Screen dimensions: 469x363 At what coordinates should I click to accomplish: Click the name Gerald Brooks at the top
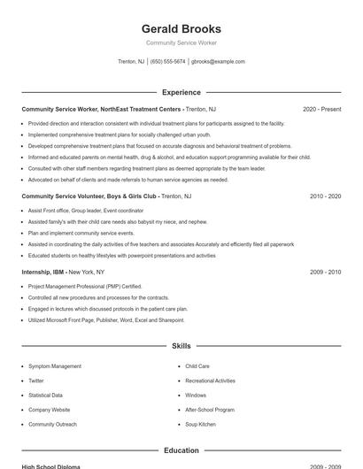tap(181, 28)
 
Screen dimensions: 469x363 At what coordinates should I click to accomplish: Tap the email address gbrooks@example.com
tap(218, 62)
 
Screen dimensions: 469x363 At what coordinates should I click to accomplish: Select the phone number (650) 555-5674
tap(167, 62)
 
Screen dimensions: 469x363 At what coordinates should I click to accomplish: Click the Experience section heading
tap(181, 92)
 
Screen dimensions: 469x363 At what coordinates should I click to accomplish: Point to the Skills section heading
tap(181, 346)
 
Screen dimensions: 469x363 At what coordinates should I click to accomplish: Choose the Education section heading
tap(181, 450)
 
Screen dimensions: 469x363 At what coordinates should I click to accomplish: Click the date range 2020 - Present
tap(321, 110)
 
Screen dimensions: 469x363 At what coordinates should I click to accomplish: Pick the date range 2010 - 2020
tap(325, 196)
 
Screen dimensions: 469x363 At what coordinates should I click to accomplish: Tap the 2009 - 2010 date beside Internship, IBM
tap(325, 273)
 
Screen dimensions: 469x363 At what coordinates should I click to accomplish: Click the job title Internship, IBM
tap(43, 273)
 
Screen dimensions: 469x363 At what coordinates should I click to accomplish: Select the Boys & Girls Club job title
tap(89, 196)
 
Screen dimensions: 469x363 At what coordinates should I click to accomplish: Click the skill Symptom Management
tap(55, 366)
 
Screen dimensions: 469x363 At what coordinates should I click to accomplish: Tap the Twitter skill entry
tap(36, 381)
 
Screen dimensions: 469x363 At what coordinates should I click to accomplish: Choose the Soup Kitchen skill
tap(200, 425)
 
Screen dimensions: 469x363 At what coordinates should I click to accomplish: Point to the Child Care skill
tap(197, 366)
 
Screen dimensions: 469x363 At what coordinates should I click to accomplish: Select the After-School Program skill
tap(210, 410)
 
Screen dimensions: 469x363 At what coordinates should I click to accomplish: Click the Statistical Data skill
tap(46, 396)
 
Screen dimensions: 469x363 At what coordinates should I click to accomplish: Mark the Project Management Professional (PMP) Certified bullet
tap(85, 287)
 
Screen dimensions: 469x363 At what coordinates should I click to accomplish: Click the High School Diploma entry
tap(50, 466)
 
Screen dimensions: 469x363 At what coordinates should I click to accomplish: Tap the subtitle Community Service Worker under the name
tap(181, 42)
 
